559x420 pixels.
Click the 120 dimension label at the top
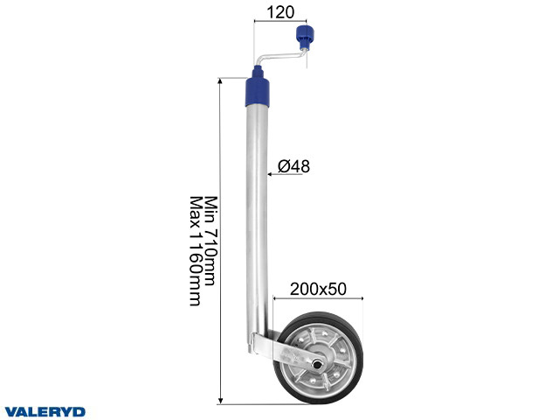pos(280,12)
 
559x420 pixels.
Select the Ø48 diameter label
pos(293,166)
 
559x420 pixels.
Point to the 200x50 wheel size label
pos(318,289)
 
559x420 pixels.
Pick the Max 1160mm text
pos(195,251)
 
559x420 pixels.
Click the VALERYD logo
pos(45,412)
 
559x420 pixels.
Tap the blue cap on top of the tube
pos(257,92)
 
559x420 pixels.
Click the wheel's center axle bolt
pos(316,364)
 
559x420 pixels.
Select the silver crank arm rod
pos(280,57)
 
